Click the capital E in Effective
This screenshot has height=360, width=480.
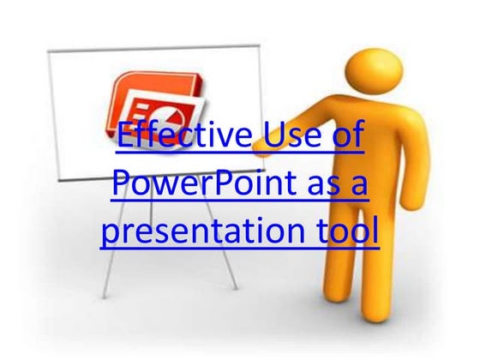point(123,138)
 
